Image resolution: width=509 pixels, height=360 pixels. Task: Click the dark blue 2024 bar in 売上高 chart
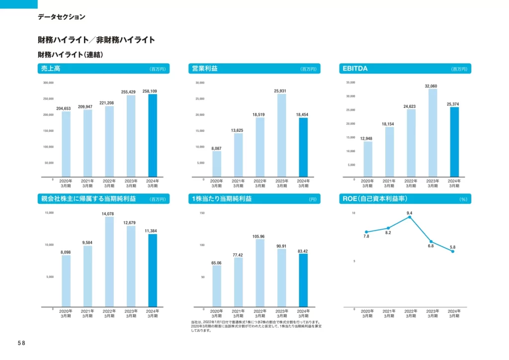(x=153, y=135)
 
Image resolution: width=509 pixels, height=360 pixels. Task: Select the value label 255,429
(x=129, y=91)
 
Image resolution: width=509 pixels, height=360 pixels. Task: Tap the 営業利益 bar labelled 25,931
(x=282, y=135)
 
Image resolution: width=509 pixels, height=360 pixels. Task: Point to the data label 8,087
(x=217, y=148)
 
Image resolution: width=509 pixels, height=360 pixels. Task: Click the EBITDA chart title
(x=355, y=69)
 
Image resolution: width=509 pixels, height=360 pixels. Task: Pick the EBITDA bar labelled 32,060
(x=432, y=132)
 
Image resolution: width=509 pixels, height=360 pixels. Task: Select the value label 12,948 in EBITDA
(x=367, y=138)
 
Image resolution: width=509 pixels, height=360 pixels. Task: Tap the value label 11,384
(x=153, y=231)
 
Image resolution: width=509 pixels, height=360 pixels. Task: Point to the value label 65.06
(x=216, y=263)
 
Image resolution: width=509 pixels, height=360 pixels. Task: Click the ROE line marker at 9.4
(x=410, y=217)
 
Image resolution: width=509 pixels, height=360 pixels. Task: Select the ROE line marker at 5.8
(x=453, y=252)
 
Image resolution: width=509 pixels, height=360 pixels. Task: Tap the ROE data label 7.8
(x=366, y=237)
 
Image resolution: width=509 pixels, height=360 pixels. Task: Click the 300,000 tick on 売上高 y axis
(x=48, y=83)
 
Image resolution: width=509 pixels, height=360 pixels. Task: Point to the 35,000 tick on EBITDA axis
(x=350, y=83)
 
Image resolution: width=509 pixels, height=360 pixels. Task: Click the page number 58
(x=21, y=343)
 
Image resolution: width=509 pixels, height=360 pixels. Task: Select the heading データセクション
(x=61, y=17)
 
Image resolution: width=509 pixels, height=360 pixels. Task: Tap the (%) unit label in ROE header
(x=464, y=199)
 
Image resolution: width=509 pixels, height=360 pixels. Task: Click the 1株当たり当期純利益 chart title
(x=222, y=199)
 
